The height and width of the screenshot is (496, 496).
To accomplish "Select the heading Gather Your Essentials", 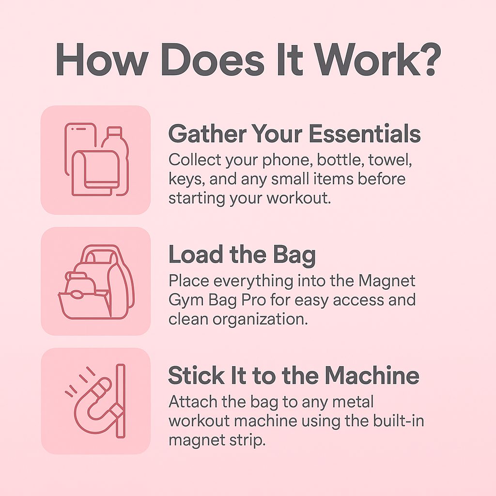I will pos(294,134).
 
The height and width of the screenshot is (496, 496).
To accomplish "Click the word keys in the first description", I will pos(183,180).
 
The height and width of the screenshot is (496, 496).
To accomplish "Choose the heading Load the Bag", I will pos(242,255).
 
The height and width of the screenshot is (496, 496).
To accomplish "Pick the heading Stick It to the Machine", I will pos(294,376).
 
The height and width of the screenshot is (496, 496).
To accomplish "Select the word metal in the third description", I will pos(348,402).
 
